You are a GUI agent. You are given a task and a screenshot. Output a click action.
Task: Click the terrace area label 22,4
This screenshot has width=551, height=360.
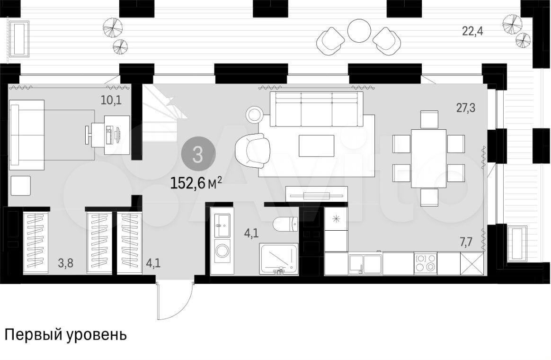click(x=472, y=31)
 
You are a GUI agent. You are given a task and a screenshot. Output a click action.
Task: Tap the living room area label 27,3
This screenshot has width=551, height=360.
click(x=466, y=108)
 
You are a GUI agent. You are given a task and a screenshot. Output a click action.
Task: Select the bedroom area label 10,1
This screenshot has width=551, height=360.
click(x=111, y=100)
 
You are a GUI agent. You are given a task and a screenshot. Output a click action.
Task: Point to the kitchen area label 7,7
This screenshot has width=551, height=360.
click(x=466, y=242)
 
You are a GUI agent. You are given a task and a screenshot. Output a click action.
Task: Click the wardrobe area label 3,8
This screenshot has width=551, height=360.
click(x=66, y=262)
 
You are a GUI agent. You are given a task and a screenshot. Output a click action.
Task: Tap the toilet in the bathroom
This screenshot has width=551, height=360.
click(x=285, y=225)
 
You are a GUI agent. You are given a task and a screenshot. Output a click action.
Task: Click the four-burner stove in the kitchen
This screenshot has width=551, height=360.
click(x=426, y=263)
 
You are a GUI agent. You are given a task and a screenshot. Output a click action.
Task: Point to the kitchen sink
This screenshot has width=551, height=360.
click(x=365, y=264)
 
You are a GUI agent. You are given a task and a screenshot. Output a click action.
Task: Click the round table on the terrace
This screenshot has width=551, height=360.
click(x=359, y=31)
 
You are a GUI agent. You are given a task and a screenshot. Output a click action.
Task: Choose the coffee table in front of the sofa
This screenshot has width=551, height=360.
click(x=316, y=145)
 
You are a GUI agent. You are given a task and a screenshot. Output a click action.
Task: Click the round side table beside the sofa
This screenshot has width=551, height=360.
click(x=254, y=115)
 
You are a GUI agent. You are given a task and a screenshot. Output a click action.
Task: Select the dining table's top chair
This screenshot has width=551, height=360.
click(x=429, y=119)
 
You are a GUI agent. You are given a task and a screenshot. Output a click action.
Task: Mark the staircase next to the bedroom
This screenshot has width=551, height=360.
click(x=162, y=113)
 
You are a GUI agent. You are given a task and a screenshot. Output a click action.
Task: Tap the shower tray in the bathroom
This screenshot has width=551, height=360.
click(x=279, y=259)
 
